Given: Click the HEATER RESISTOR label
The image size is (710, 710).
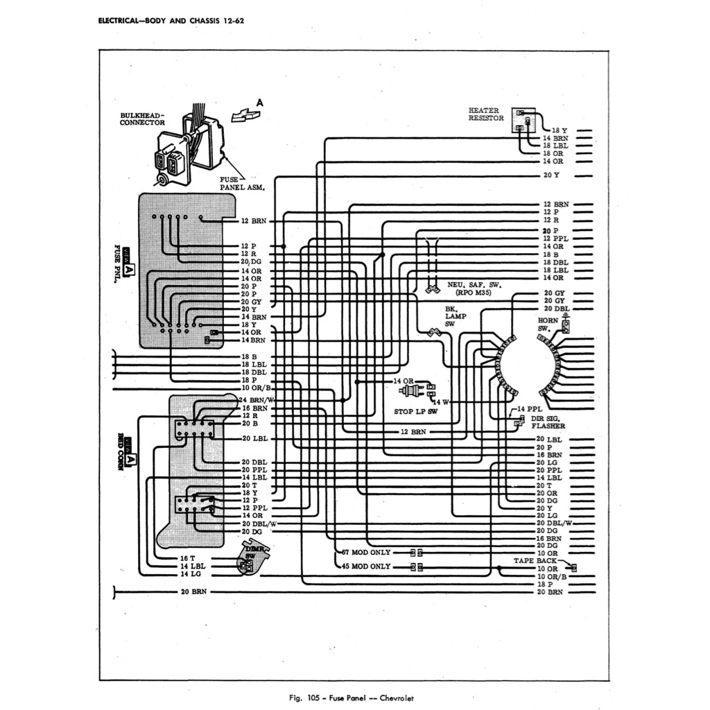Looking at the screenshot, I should pos(486,114).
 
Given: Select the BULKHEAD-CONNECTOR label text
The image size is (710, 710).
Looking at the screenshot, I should pos(143,119).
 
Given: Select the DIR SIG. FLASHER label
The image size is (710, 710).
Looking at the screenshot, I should pos(548,422).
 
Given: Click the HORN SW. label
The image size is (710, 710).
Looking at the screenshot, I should pos(548,324).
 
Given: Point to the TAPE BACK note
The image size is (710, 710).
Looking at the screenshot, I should pos(535,560).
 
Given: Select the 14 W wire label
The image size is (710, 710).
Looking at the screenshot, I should pos(441,401).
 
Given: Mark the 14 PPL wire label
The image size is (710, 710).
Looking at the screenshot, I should pos(530,409).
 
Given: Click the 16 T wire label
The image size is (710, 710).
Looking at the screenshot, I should pos(188,557).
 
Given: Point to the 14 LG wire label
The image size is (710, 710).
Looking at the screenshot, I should pos(190,574).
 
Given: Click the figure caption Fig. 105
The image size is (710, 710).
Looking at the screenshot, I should pos(354,698).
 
